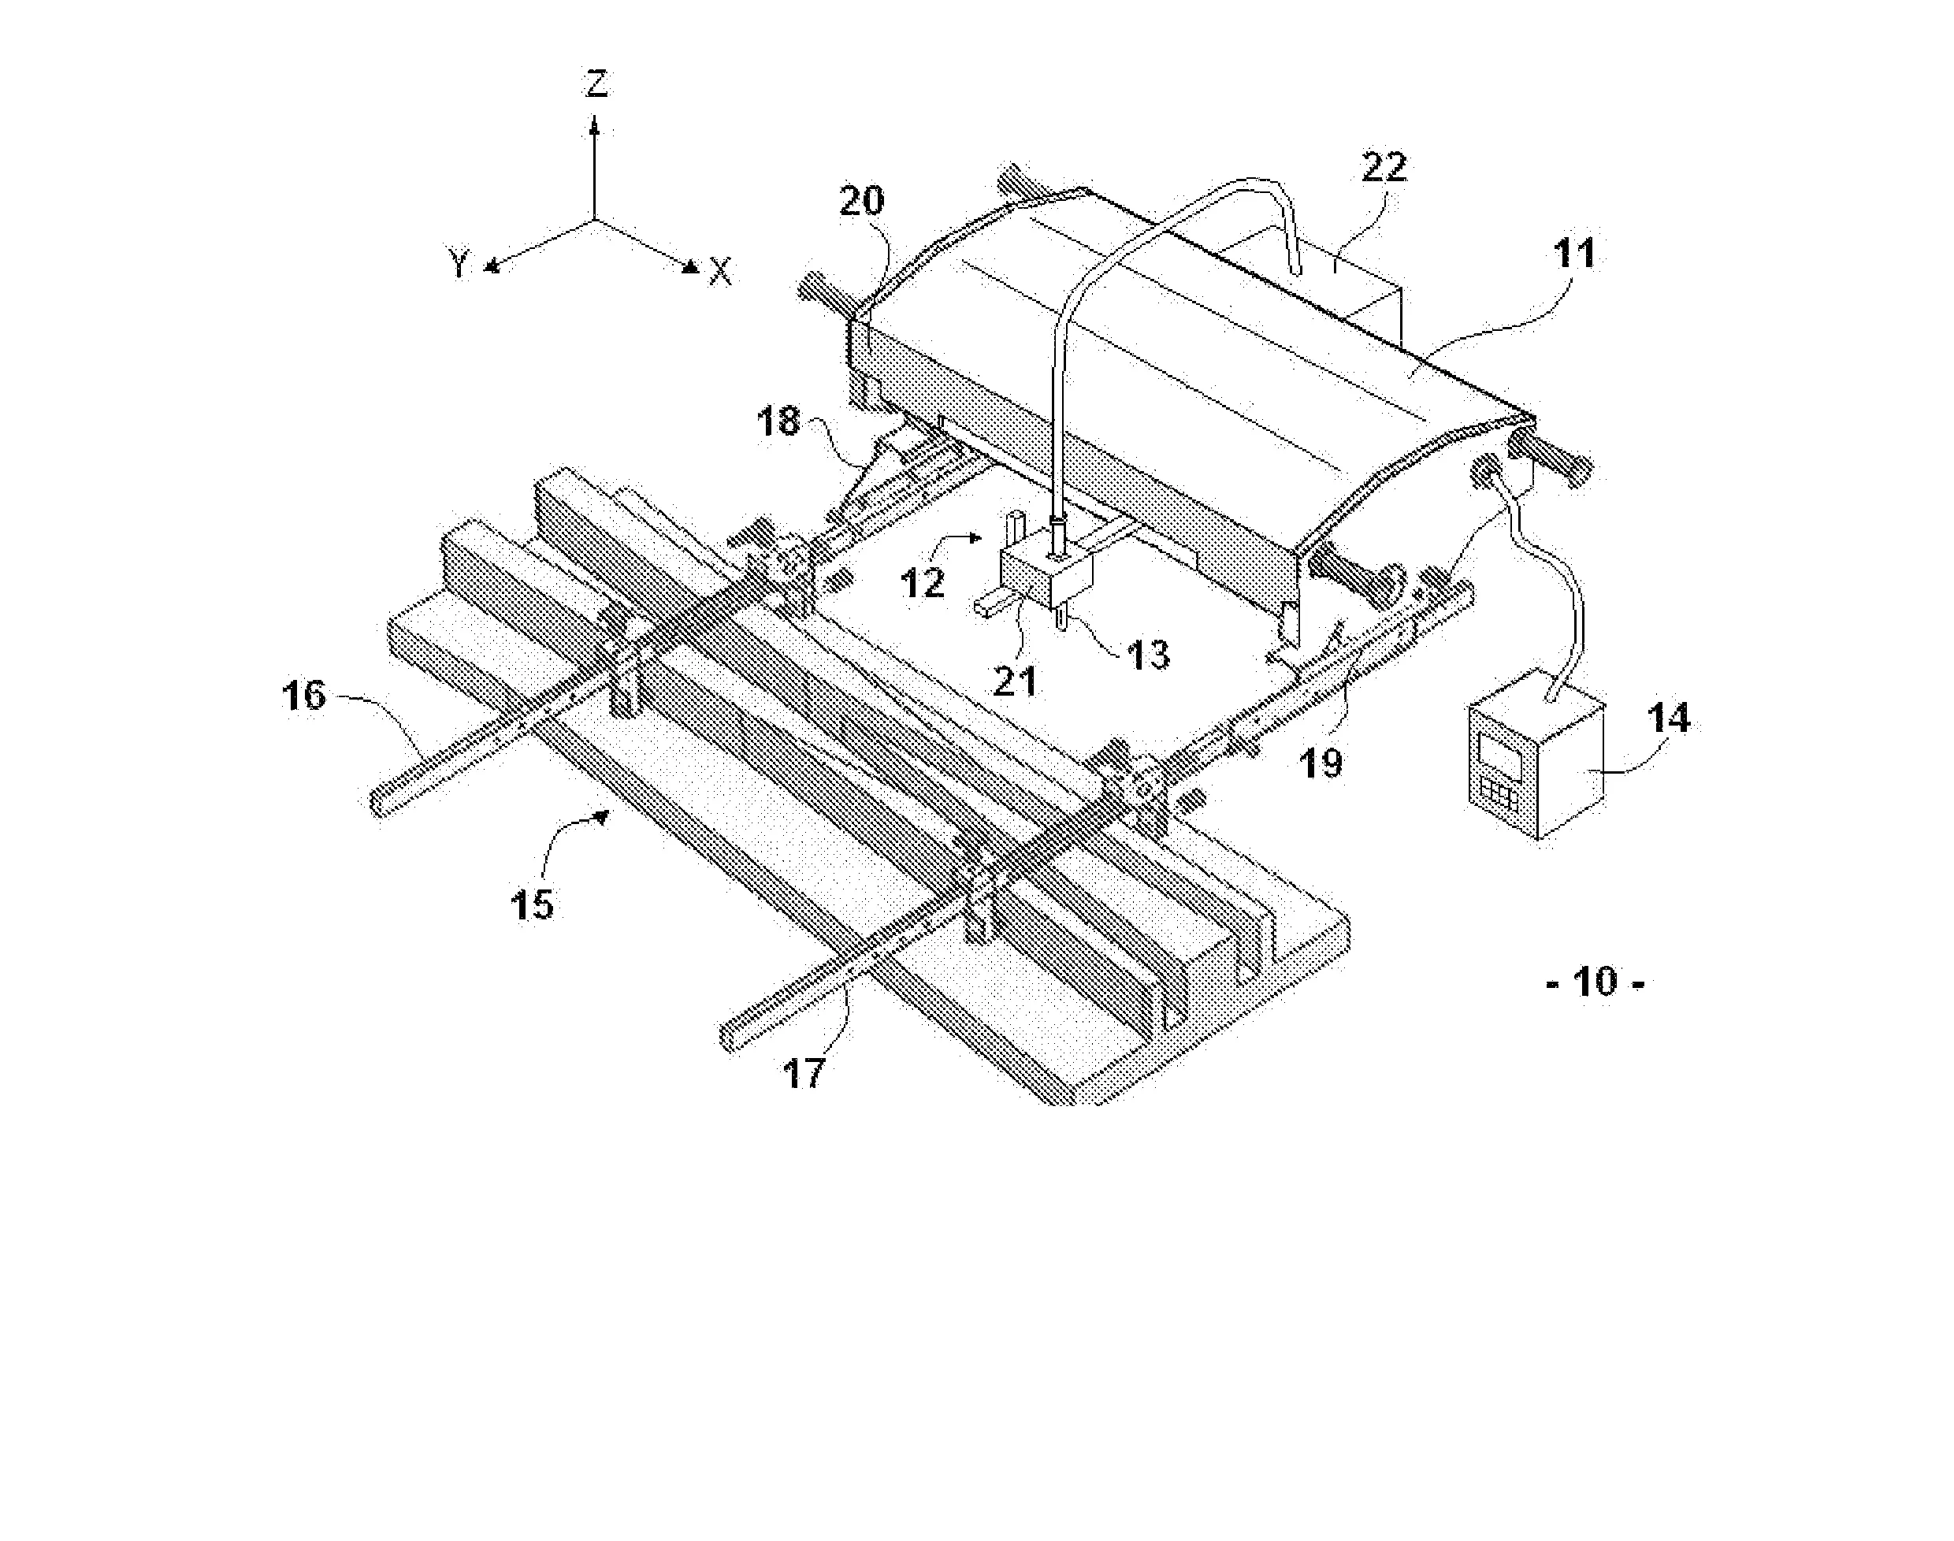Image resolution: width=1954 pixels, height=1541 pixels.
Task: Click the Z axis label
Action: point(596,84)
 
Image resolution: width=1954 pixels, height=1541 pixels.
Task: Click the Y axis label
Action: point(460,265)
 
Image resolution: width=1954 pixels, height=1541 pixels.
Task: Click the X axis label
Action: point(720,271)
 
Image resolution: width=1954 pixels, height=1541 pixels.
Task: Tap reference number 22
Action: point(1383,169)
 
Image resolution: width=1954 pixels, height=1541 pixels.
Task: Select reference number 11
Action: point(1575,254)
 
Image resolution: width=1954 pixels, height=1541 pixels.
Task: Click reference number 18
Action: point(778,421)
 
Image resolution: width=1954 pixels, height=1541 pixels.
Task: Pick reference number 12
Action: point(923,584)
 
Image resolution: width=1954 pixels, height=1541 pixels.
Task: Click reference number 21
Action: point(1015,680)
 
